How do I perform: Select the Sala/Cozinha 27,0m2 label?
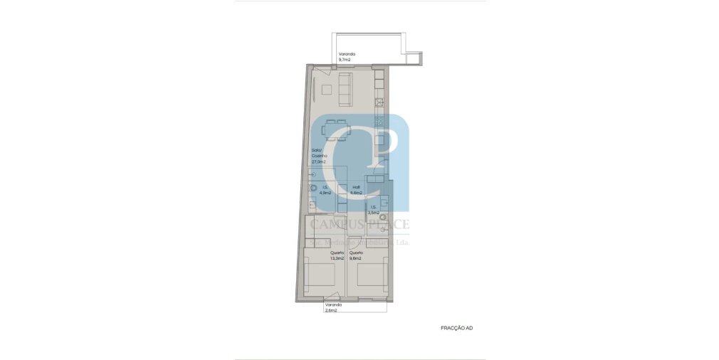(318, 156)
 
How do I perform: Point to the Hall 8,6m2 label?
(356, 190)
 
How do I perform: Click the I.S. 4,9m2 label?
(325, 190)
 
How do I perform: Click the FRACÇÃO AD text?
(456, 328)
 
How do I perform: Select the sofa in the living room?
(345, 89)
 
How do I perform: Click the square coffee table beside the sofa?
(326, 90)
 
